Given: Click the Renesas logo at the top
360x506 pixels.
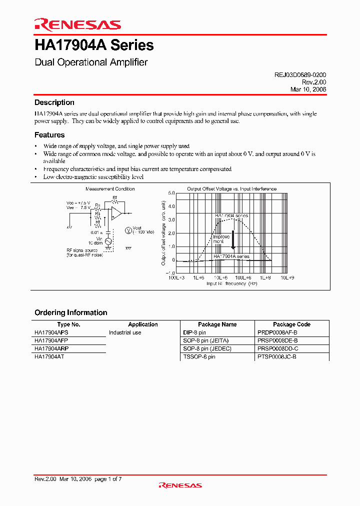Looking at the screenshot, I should [x=77, y=24].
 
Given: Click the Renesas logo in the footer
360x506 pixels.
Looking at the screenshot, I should [x=180, y=485].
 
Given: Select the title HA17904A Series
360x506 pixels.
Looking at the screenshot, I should [x=94, y=45].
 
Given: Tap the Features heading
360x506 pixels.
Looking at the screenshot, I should [x=49, y=135].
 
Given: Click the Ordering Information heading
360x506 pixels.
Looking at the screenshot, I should [x=71, y=312].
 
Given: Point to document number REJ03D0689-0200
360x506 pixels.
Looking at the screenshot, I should [x=300, y=74].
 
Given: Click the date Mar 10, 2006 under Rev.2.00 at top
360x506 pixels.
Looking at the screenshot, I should [x=308, y=89].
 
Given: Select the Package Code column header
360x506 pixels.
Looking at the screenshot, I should [x=291, y=324].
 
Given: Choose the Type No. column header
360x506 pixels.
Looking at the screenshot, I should [x=69, y=324].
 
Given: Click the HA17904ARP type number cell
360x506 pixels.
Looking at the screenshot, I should [x=52, y=348].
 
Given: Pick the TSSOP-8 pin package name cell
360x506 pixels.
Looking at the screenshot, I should [x=199, y=356].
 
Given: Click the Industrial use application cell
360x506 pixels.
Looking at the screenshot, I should [x=125, y=332].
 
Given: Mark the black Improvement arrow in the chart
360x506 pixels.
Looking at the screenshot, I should [x=232, y=242].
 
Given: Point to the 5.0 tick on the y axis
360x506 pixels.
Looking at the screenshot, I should [x=171, y=192].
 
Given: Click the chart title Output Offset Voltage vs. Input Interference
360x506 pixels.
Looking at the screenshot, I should [x=231, y=189].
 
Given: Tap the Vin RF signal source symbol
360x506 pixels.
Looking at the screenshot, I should [x=107, y=241].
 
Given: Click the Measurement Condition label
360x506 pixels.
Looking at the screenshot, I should [x=110, y=189].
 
